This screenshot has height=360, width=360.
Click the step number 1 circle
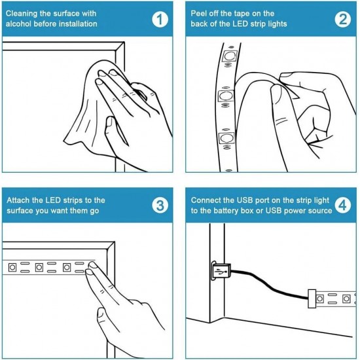click(x=160, y=20)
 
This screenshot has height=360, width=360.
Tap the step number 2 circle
click(x=342, y=20)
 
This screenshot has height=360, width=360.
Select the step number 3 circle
click(x=160, y=206)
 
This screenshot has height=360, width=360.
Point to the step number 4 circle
click(x=342, y=206)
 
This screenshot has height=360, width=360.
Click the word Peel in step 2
click(x=199, y=14)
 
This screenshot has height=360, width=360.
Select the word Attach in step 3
click(x=18, y=200)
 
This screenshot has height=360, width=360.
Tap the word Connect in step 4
click(x=206, y=200)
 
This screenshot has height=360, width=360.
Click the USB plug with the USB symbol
click(x=221, y=272)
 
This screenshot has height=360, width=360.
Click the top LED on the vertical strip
click(x=229, y=56)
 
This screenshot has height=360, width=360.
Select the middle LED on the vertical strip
click(x=226, y=96)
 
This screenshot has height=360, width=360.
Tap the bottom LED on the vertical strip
click(x=226, y=137)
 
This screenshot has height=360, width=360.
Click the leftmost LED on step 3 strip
click(x=12, y=267)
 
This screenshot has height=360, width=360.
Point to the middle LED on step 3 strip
click(x=39, y=267)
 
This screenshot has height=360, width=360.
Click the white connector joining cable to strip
click(x=312, y=298)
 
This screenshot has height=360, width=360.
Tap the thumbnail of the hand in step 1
click(x=110, y=122)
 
